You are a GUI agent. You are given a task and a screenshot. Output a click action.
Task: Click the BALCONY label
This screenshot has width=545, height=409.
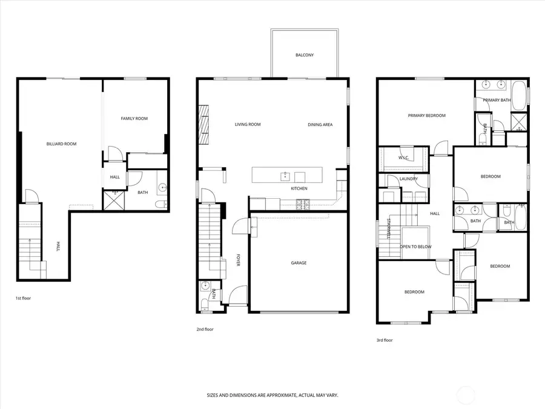click(x=304, y=55)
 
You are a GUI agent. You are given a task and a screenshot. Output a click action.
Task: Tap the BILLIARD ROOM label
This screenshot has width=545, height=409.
click(x=61, y=144)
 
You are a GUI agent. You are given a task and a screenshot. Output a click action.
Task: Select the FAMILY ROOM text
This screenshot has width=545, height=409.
click(x=134, y=119)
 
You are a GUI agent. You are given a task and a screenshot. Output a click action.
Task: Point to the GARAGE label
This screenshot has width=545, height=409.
click(x=299, y=263)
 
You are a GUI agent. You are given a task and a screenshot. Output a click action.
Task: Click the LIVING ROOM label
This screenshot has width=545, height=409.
click(x=248, y=125)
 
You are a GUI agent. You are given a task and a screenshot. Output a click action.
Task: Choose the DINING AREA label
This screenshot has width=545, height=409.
click(x=320, y=125)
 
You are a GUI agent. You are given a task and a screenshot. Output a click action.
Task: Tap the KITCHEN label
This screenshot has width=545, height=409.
click(x=299, y=188)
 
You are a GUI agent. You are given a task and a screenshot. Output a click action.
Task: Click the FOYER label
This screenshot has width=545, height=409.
click(x=239, y=261)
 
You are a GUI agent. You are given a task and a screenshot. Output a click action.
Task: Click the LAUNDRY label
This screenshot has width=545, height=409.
click(x=409, y=179)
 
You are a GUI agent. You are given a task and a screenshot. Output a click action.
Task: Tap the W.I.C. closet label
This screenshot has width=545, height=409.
click(x=404, y=158)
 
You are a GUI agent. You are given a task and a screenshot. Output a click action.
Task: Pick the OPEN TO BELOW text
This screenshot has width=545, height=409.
click(x=415, y=247)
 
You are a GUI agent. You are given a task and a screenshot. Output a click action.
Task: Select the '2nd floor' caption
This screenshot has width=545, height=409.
click(x=205, y=329)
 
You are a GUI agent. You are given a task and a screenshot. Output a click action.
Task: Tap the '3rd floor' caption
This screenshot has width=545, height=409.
click(x=385, y=340)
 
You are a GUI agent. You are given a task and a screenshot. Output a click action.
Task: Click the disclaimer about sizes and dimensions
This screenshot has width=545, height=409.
click(x=272, y=395)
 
